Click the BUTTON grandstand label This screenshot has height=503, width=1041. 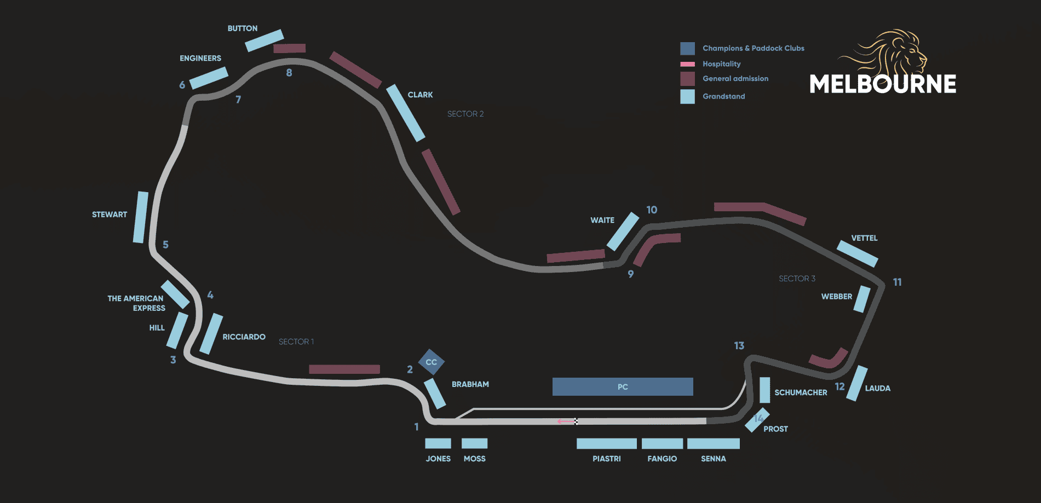pyautogui.click(x=243, y=28)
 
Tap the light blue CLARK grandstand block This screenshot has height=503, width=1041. pyautogui.click(x=406, y=113)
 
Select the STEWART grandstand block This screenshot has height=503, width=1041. pyautogui.click(x=141, y=217)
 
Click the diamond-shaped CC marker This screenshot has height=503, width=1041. pyautogui.click(x=432, y=362)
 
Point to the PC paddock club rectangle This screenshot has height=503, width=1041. pyautogui.click(x=623, y=386)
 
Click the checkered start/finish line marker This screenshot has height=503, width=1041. pyautogui.click(x=576, y=421)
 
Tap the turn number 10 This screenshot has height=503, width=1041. pyautogui.click(x=652, y=210)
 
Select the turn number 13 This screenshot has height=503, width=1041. pyautogui.click(x=739, y=345)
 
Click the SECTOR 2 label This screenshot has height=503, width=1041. pyautogui.click(x=465, y=114)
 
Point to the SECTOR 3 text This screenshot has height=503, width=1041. pyautogui.click(x=797, y=279)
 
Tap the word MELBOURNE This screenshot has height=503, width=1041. pyautogui.click(x=883, y=84)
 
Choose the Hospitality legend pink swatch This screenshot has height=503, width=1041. pyautogui.click(x=687, y=64)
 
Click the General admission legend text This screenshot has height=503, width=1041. pyautogui.click(x=735, y=79)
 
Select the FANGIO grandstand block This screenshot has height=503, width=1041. pyautogui.click(x=662, y=443)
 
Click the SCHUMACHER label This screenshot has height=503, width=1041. pyautogui.click(x=801, y=392)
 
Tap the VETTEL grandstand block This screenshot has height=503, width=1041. pyautogui.click(x=858, y=254)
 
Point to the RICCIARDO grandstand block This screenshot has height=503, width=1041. pyautogui.click(x=211, y=334)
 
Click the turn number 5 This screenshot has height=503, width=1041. pyautogui.click(x=165, y=245)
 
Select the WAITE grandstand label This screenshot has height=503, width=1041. pyautogui.click(x=602, y=220)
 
